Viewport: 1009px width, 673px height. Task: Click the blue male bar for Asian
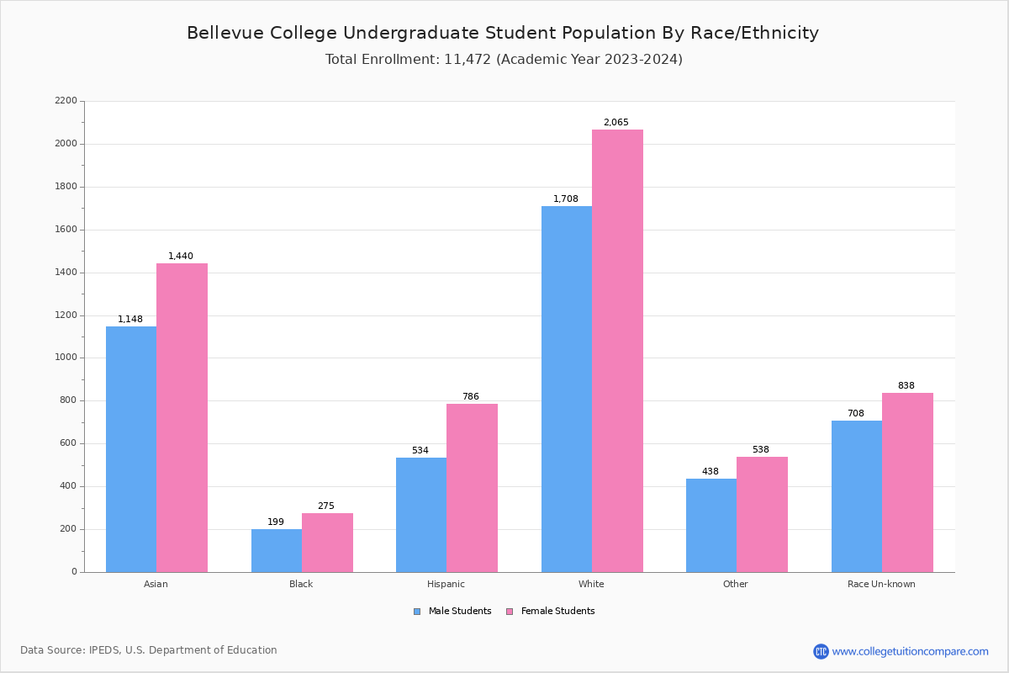click(131, 449)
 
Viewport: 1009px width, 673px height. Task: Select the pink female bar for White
click(617, 351)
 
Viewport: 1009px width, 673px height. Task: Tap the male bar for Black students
click(277, 550)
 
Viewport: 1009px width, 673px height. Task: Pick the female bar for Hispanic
click(472, 488)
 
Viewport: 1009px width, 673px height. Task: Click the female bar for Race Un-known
click(907, 482)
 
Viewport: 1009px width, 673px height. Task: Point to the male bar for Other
click(711, 525)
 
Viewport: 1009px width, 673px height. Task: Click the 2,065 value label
click(615, 123)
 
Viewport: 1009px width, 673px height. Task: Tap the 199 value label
click(276, 522)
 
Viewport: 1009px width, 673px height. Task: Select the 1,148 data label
click(130, 320)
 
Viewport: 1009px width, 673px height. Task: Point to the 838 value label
click(906, 386)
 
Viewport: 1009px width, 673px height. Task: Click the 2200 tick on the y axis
click(66, 101)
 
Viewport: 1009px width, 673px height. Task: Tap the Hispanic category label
click(446, 584)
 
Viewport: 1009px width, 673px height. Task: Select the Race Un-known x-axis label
click(881, 584)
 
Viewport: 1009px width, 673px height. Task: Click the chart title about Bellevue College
click(503, 34)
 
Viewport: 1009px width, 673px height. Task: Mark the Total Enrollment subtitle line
click(504, 60)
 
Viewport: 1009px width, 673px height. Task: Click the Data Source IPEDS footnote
click(149, 650)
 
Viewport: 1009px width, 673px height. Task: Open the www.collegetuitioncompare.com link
click(910, 651)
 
